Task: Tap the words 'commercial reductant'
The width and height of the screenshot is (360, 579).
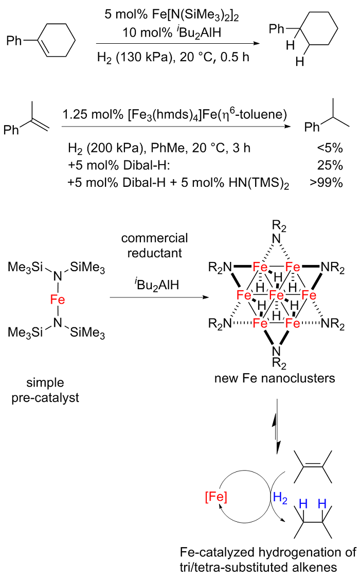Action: [155, 247]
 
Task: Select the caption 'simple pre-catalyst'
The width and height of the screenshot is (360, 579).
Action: [45, 389]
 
